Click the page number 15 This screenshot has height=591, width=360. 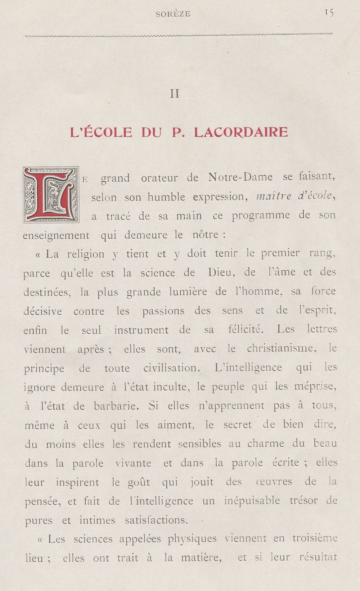[329, 13]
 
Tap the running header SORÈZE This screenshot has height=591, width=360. [173, 14]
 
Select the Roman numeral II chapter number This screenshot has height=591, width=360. [175, 94]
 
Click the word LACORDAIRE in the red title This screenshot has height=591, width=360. [241, 132]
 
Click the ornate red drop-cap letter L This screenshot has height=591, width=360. [51, 194]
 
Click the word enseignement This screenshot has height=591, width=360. [56, 235]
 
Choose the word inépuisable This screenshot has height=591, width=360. [252, 501]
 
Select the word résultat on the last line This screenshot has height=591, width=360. [318, 558]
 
